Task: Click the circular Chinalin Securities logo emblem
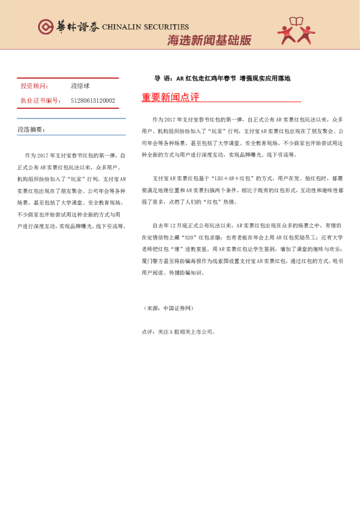pyautogui.click(x=45, y=27)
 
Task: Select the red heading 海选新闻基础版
pyautogui.click(x=209, y=41)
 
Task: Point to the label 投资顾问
pyautogui.click(x=34, y=86)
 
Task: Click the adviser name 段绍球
pyautogui.click(x=80, y=86)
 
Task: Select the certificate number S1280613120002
pyautogui.click(x=93, y=100)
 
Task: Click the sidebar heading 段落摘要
pyautogui.click(x=30, y=130)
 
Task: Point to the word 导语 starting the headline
pyautogui.click(x=160, y=79)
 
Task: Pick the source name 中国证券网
pyautogui.click(x=177, y=308)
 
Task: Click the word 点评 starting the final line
pyautogui.click(x=147, y=331)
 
